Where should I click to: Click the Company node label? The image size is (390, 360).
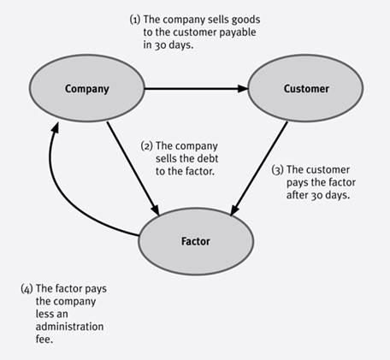click(87, 89)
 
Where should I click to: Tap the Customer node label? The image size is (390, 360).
click(306, 89)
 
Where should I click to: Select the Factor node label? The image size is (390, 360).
click(196, 241)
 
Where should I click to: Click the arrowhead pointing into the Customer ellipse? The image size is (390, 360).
click(243, 89)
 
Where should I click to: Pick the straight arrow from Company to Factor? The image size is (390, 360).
click(133, 168)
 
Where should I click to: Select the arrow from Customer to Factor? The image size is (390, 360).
click(259, 168)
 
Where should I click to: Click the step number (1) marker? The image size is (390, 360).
click(135, 20)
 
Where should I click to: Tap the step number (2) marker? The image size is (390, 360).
click(147, 146)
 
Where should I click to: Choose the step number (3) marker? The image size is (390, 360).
click(277, 170)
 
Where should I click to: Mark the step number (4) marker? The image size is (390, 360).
click(27, 289)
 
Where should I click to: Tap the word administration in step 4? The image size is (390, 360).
click(69, 327)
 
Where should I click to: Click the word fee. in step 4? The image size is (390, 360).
click(44, 339)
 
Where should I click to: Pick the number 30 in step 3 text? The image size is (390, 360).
click(317, 196)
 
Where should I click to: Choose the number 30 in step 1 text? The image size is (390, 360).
click(161, 45)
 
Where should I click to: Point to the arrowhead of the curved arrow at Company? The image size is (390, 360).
click(55, 127)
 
